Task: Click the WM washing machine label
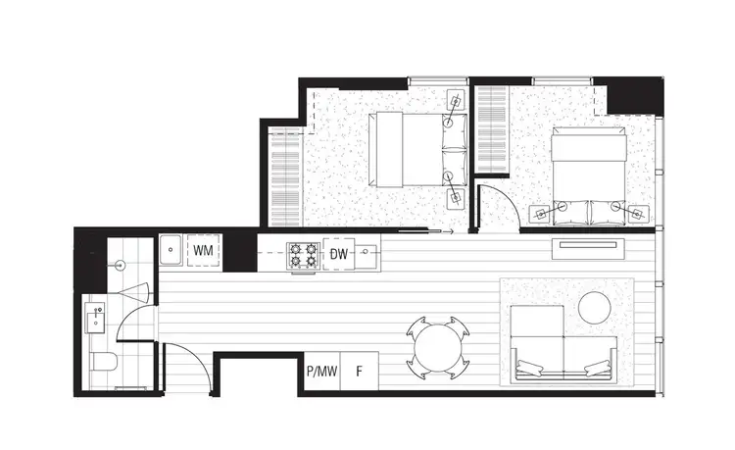204,251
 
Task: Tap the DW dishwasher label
338,255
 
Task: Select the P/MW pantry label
322,373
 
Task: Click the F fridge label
360,373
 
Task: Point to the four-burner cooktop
302,256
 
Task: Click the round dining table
432,348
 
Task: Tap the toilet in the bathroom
102,364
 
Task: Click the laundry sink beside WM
170,252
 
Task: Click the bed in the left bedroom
407,150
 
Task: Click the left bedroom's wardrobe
285,177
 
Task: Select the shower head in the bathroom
120,266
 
